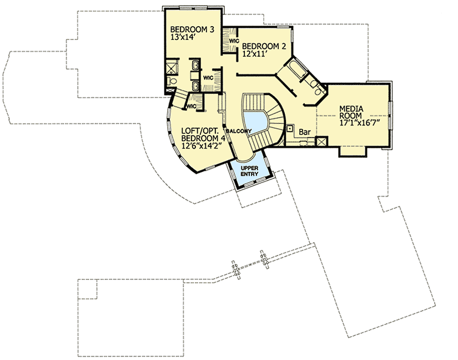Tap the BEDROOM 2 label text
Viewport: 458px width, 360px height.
(x=264, y=46)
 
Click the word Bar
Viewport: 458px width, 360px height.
(x=304, y=132)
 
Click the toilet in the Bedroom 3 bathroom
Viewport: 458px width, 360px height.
(x=172, y=83)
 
